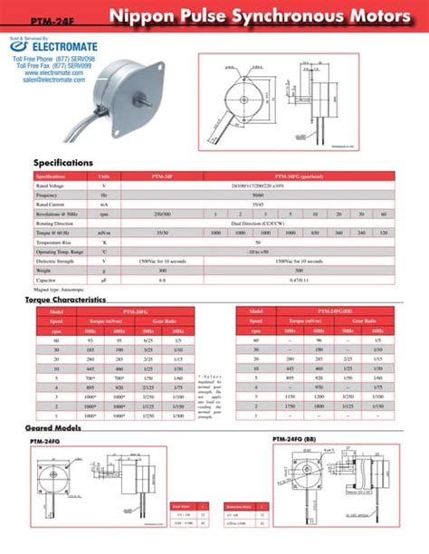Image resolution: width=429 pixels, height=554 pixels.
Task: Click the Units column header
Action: (104, 176)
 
